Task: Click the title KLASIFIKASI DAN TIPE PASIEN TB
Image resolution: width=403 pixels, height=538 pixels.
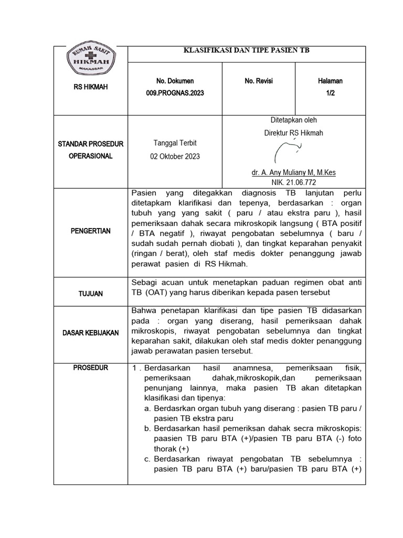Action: point(247,50)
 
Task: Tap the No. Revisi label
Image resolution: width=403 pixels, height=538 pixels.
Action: point(259,81)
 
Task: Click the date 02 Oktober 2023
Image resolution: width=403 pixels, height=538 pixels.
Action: point(175,157)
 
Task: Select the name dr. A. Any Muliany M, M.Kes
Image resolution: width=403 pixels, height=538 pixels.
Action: point(294,173)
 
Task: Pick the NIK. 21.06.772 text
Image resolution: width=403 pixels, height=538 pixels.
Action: point(294,181)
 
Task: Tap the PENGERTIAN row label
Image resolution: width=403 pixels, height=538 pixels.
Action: point(91,231)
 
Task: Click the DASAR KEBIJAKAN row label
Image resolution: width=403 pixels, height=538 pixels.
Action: point(91,333)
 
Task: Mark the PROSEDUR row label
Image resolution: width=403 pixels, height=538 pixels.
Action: point(91,368)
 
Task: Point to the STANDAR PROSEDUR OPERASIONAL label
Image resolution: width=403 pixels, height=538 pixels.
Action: point(91,150)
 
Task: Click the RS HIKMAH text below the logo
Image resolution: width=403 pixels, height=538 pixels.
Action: point(91,87)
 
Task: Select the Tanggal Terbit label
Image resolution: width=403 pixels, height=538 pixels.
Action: point(175,143)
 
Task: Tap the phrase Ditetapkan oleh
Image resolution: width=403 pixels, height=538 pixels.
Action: point(294,120)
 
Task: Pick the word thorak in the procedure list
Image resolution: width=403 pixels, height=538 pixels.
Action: point(166,449)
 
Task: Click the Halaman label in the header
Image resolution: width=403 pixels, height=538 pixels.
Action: point(330,81)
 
